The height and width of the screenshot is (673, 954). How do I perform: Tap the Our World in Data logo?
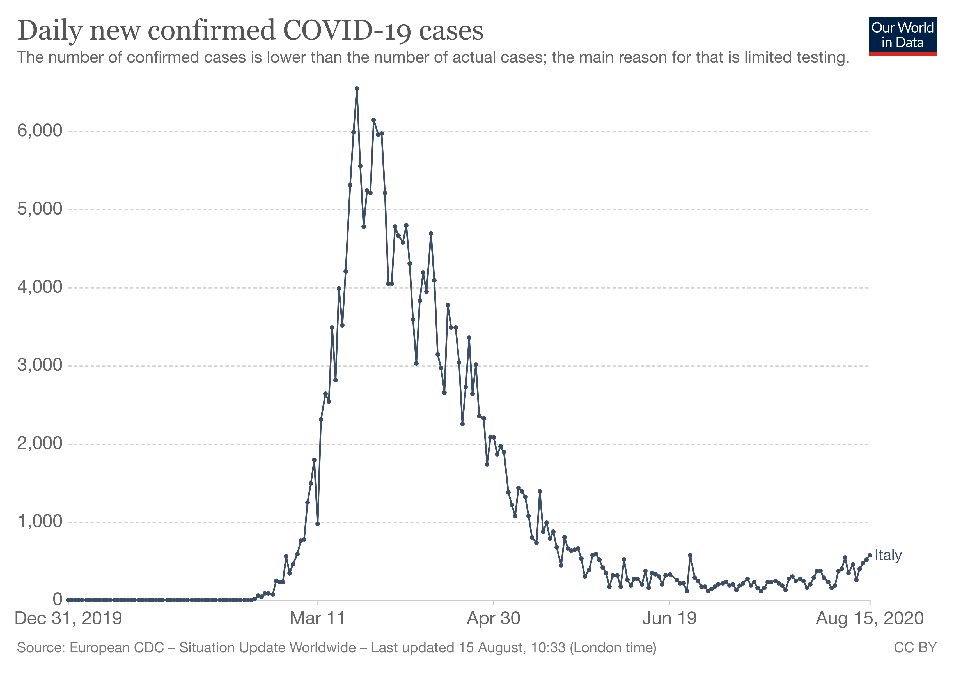(902, 36)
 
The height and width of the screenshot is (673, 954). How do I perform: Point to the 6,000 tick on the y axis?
(40, 131)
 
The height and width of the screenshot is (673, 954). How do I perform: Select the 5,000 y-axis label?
(40, 209)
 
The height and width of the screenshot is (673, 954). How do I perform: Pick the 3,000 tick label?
(40, 365)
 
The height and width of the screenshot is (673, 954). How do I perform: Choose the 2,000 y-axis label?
(40, 443)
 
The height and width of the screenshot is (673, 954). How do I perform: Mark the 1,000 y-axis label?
(40, 522)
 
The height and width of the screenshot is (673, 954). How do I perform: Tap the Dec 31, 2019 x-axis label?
(68, 619)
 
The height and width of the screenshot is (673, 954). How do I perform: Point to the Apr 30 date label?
(493, 619)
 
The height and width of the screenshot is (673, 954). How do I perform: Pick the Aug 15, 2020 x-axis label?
(870, 619)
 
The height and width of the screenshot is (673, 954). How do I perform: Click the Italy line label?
(888, 556)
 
